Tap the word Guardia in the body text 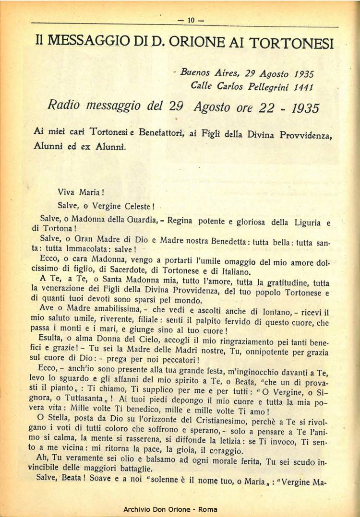point(147,220)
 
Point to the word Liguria point(305,223)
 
